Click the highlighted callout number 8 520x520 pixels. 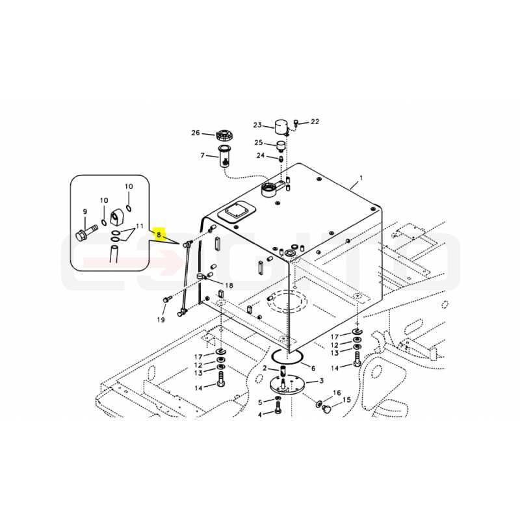[x=159, y=235]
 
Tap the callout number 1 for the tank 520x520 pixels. [x=361, y=178]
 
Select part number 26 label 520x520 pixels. [x=196, y=133]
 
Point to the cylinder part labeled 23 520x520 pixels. [x=281, y=126]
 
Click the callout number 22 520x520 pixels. [x=315, y=122]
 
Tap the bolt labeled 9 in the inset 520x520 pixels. [x=86, y=232]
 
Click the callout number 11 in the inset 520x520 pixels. [x=140, y=226]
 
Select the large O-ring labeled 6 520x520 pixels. [x=287, y=357]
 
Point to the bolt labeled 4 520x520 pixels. [x=278, y=407]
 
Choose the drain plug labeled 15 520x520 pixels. [x=327, y=410]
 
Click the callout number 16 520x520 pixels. [x=337, y=393]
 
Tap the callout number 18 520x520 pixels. [x=229, y=285]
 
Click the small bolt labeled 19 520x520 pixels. [x=167, y=299]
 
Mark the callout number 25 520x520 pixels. [x=259, y=142]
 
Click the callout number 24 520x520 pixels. [x=261, y=155]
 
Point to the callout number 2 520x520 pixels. [x=265, y=368]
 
